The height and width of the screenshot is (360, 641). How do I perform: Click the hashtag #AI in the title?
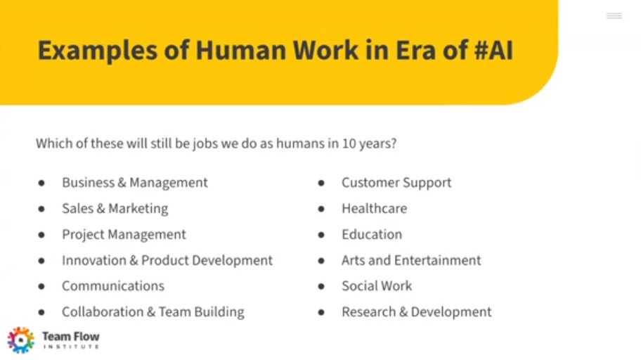click(493, 51)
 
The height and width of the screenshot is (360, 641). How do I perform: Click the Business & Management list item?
click(135, 182)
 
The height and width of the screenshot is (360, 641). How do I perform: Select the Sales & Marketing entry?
click(115, 209)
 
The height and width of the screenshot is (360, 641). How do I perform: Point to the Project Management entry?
click(124, 235)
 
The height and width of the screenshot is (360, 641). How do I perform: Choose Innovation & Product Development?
click(167, 261)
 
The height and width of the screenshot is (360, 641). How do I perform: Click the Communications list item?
click(113, 286)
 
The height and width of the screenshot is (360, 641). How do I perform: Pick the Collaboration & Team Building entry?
click(153, 312)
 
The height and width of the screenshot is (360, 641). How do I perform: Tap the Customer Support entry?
click(396, 183)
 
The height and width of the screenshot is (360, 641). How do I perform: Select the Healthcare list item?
click(375, 209)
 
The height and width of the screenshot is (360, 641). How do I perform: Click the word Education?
click(372, 234)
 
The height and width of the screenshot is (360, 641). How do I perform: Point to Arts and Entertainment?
click(411, 261)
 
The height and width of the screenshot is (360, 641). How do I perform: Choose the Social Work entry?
click(377, 286)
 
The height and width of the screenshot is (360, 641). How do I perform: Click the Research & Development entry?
click(417, 312)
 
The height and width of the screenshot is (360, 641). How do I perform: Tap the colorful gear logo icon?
click(21, 340)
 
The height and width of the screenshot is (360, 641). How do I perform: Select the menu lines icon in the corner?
click(614, 16)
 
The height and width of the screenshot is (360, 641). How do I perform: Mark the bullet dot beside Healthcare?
click(321, 209)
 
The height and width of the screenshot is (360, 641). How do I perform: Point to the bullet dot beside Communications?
click(41, 286)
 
